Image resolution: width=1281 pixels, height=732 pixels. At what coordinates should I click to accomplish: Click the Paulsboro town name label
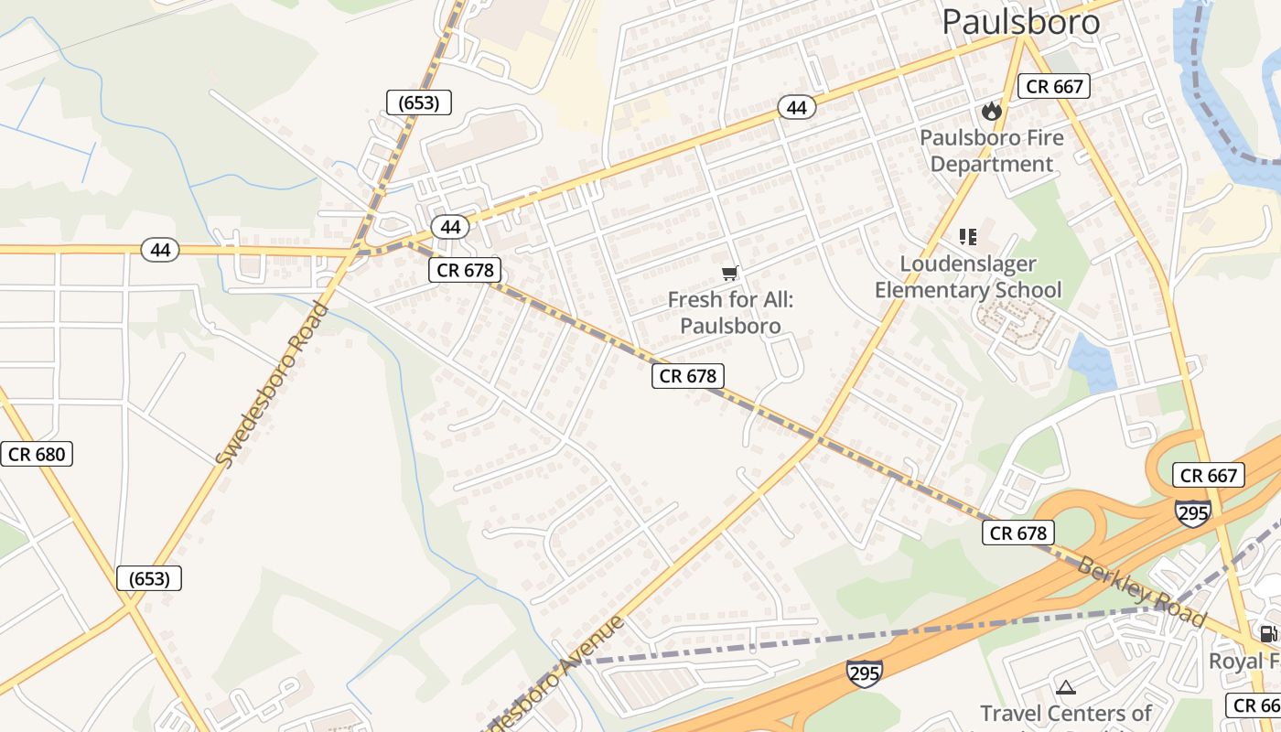pos(1020,22)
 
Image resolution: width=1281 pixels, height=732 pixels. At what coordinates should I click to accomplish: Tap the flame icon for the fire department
pos(991,112)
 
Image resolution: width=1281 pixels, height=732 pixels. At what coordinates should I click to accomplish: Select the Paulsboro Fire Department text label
pos(992,151)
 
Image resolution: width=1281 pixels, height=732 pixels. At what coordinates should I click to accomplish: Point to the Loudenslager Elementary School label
pos(968,277)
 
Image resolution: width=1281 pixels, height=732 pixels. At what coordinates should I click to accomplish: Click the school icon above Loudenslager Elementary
pos(968,238)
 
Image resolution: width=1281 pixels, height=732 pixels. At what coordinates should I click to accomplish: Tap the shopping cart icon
pos(729,273)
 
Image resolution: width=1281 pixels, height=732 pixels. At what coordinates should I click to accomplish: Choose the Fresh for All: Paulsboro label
pos(730,312)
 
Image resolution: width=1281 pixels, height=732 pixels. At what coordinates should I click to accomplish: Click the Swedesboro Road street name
pos(273,384)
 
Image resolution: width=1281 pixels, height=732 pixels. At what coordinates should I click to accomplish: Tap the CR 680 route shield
pos(37,454)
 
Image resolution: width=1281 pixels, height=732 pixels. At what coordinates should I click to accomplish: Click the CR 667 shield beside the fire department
pos(1054,87)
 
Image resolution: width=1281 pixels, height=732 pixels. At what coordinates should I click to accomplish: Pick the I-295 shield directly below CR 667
pos(1193,512)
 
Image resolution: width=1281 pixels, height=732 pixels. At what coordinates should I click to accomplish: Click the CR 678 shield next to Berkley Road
pos(1018,533)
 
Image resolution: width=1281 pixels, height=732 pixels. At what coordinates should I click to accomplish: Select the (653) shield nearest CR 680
pos(149,578)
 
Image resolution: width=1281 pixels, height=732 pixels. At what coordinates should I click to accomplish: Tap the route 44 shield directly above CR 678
pos(450,226)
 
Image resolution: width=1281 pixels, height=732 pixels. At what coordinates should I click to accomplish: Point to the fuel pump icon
pos(1268,633)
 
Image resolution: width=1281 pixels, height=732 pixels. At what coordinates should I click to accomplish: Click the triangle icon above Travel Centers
pos(1065,687)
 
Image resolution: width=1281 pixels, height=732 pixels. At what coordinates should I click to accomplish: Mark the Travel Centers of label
pos(1066,714)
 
